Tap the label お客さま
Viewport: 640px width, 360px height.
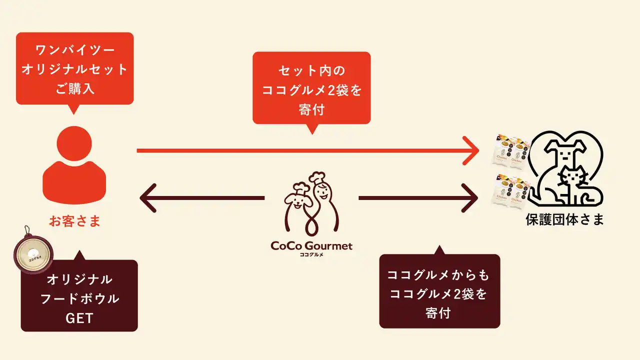[x=74, y=221]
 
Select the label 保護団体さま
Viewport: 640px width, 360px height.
[x=564, y=219]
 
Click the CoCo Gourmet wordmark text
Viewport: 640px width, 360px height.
[x=311, y=245]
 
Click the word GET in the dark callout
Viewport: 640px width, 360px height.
[x=79, y=318]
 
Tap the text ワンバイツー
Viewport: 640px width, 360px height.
[x=74, y=50]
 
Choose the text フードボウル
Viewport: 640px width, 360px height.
[x=79, y=298]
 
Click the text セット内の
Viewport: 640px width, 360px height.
[x=311, y=70]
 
